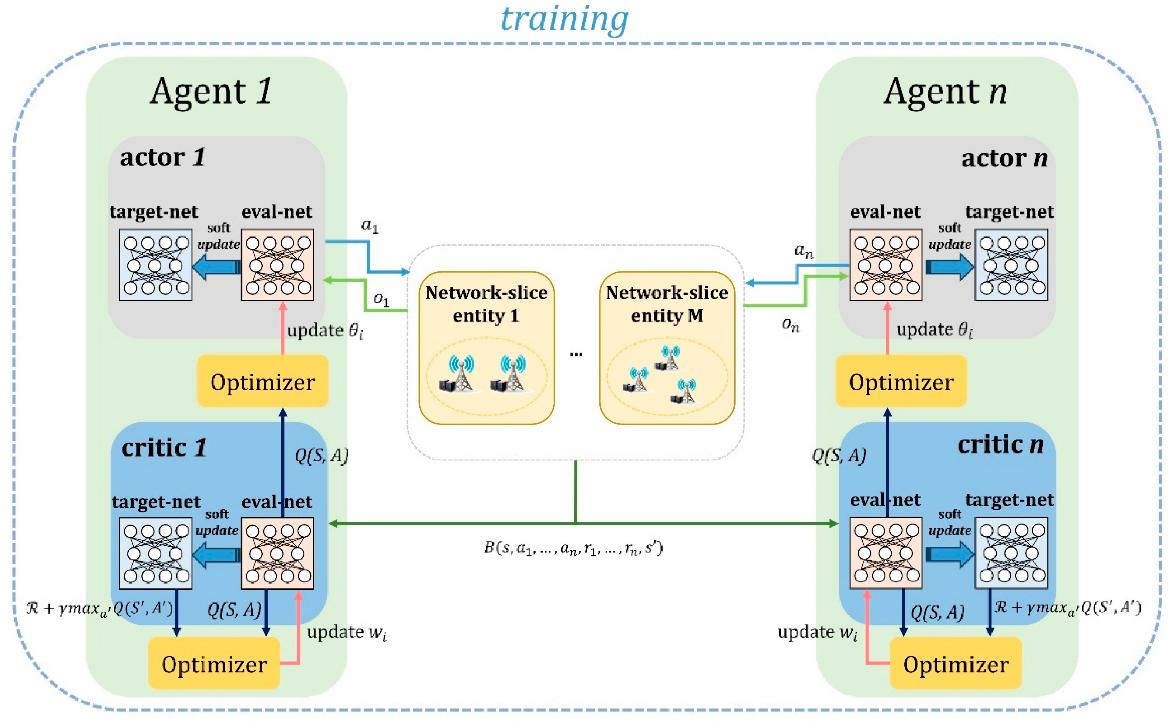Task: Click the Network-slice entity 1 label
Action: tap(486, 304)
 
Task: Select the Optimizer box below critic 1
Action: tap(214, 664)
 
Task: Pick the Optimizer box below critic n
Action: tap(955, 664)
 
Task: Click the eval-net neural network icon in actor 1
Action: tap(277, 265)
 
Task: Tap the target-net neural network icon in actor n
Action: tap(1011, 265)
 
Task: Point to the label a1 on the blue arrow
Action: tap(370, 225)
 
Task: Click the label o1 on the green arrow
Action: tap(380, 299)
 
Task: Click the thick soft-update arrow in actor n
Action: tap(949, 266)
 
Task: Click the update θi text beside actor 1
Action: tap(324, 330)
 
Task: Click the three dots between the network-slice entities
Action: tap(576, 354)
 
